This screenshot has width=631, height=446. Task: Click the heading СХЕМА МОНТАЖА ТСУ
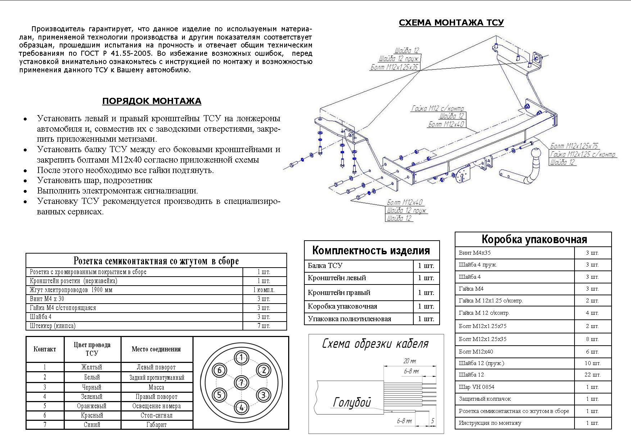point(451,23)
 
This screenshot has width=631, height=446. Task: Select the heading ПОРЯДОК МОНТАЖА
point(151,101)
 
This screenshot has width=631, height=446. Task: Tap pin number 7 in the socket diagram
point(241,382)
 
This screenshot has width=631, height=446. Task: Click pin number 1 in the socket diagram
point(241,358)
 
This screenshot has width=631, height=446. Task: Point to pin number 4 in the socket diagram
point(241,408)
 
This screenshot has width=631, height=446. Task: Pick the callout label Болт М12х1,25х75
point(574,146)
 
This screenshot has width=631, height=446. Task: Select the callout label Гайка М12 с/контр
point(437,108)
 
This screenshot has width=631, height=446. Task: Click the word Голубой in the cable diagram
point(352,402)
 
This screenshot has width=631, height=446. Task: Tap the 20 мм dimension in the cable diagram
point(409,361)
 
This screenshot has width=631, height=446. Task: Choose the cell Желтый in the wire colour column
point(92,367)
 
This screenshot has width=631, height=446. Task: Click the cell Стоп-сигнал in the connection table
point(156,415)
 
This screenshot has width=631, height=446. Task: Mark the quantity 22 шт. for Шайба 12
point(592,375)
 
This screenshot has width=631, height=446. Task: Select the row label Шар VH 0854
point(476,387)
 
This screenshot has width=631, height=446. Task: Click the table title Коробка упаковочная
point(534,240)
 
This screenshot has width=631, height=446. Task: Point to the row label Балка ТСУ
point(325,266)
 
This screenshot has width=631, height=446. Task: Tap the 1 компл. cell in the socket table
point(264,290)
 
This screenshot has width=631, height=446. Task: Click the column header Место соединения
point(156,349)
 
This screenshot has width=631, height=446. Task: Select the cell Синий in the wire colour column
point(92,425)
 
